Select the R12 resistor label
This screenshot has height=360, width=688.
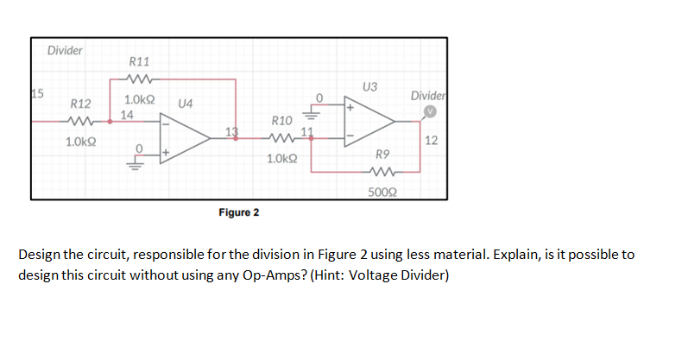coord(81,104)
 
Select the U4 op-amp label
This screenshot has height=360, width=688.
coord(184,103)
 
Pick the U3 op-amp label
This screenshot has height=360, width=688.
coord(370,86)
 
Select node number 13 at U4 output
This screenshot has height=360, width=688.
coord(230,131)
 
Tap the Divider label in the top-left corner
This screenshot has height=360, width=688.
coord(65,51)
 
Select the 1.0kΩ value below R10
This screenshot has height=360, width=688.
coord(282,159)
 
